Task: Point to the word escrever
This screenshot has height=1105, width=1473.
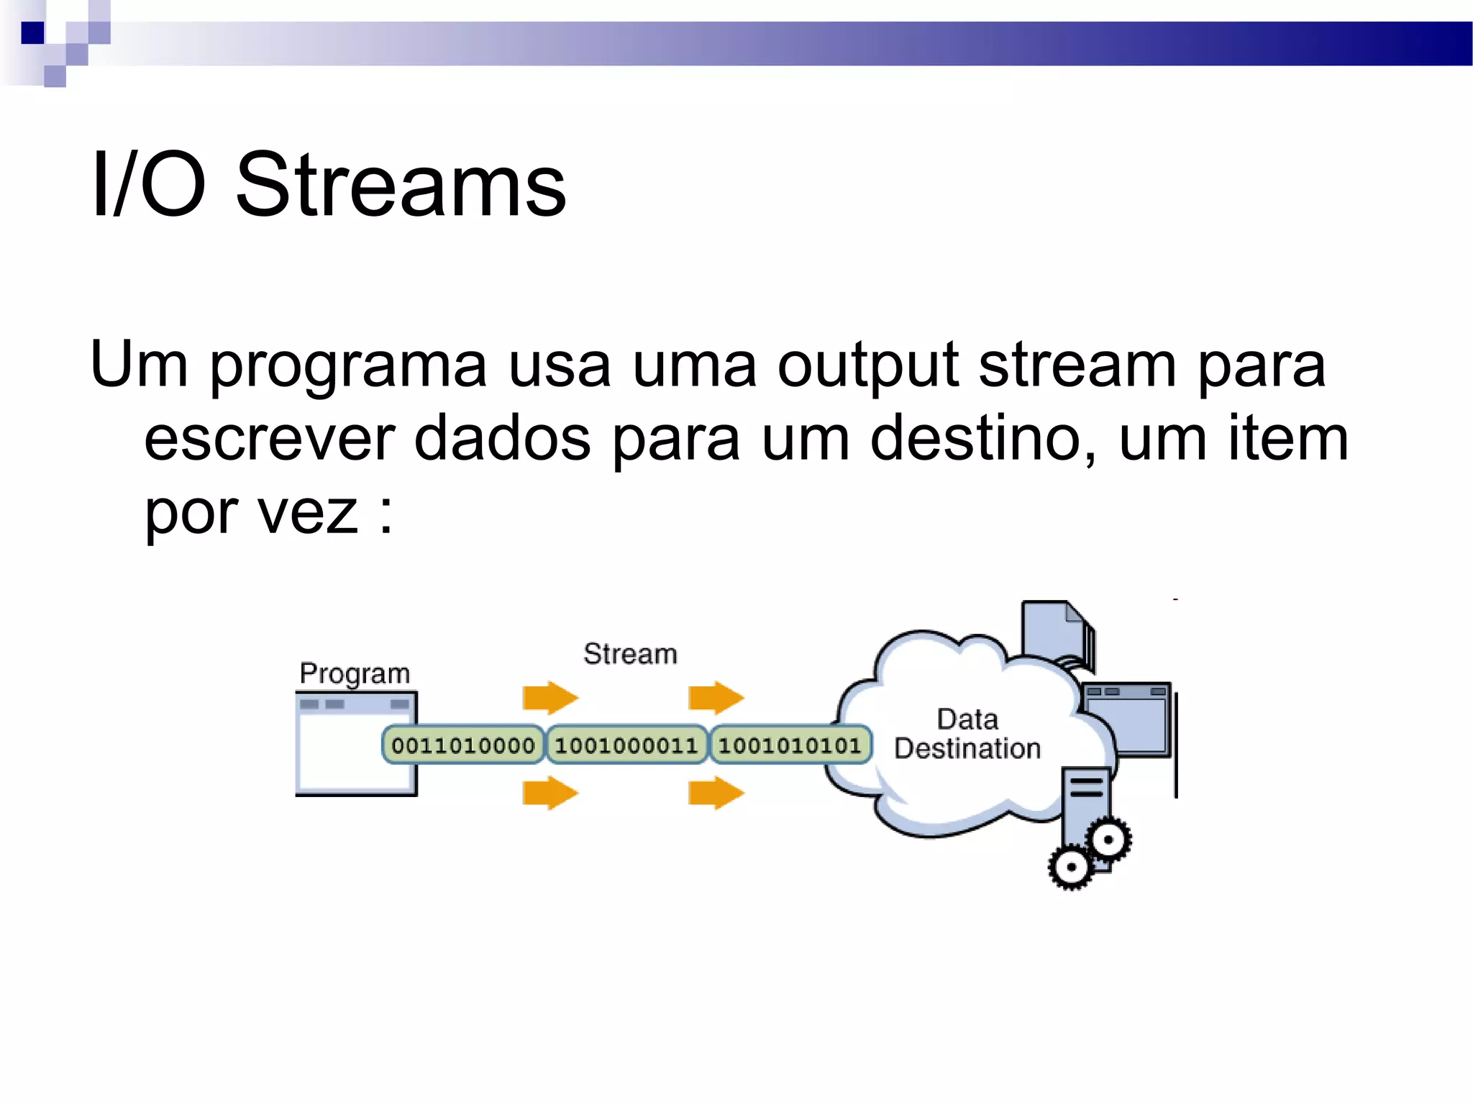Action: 270,439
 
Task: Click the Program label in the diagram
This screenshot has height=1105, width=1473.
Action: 355,673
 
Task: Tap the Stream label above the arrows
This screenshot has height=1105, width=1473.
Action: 630,654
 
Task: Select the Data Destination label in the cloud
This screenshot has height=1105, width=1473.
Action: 967,734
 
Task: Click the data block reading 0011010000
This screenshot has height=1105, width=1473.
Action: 463,745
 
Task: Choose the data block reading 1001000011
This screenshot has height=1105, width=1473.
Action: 626,745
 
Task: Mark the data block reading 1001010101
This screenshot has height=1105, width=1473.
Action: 790,745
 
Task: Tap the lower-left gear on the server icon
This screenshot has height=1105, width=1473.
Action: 1072,867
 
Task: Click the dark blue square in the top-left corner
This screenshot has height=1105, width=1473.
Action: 33,33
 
